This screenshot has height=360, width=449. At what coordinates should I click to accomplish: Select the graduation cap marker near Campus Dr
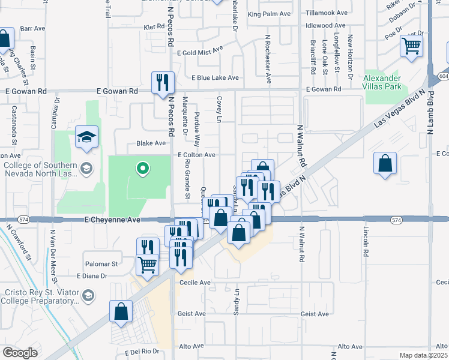click(86, 138)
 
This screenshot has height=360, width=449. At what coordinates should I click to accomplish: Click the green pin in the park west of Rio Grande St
click(142, 169)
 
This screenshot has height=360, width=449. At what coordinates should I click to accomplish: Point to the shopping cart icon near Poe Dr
click(411, 46)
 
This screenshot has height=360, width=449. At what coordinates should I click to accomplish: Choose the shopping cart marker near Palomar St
click(147, 264)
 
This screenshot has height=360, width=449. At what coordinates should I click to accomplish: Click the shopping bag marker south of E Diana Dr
click(121, 311)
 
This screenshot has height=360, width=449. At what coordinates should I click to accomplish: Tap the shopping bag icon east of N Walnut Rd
click(385, 163)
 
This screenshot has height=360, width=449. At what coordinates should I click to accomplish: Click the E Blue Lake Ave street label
click(215, 78)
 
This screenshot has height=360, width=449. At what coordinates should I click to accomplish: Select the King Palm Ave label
click(269, 14)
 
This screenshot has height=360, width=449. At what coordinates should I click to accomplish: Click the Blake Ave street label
click(151, 143)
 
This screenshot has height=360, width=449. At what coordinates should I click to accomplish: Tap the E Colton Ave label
click(196, 155)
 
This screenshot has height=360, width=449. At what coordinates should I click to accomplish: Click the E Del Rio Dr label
click(142, 352)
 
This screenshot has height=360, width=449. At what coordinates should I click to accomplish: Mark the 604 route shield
click(443, 76)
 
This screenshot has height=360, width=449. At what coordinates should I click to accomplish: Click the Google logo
click(20, 352)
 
